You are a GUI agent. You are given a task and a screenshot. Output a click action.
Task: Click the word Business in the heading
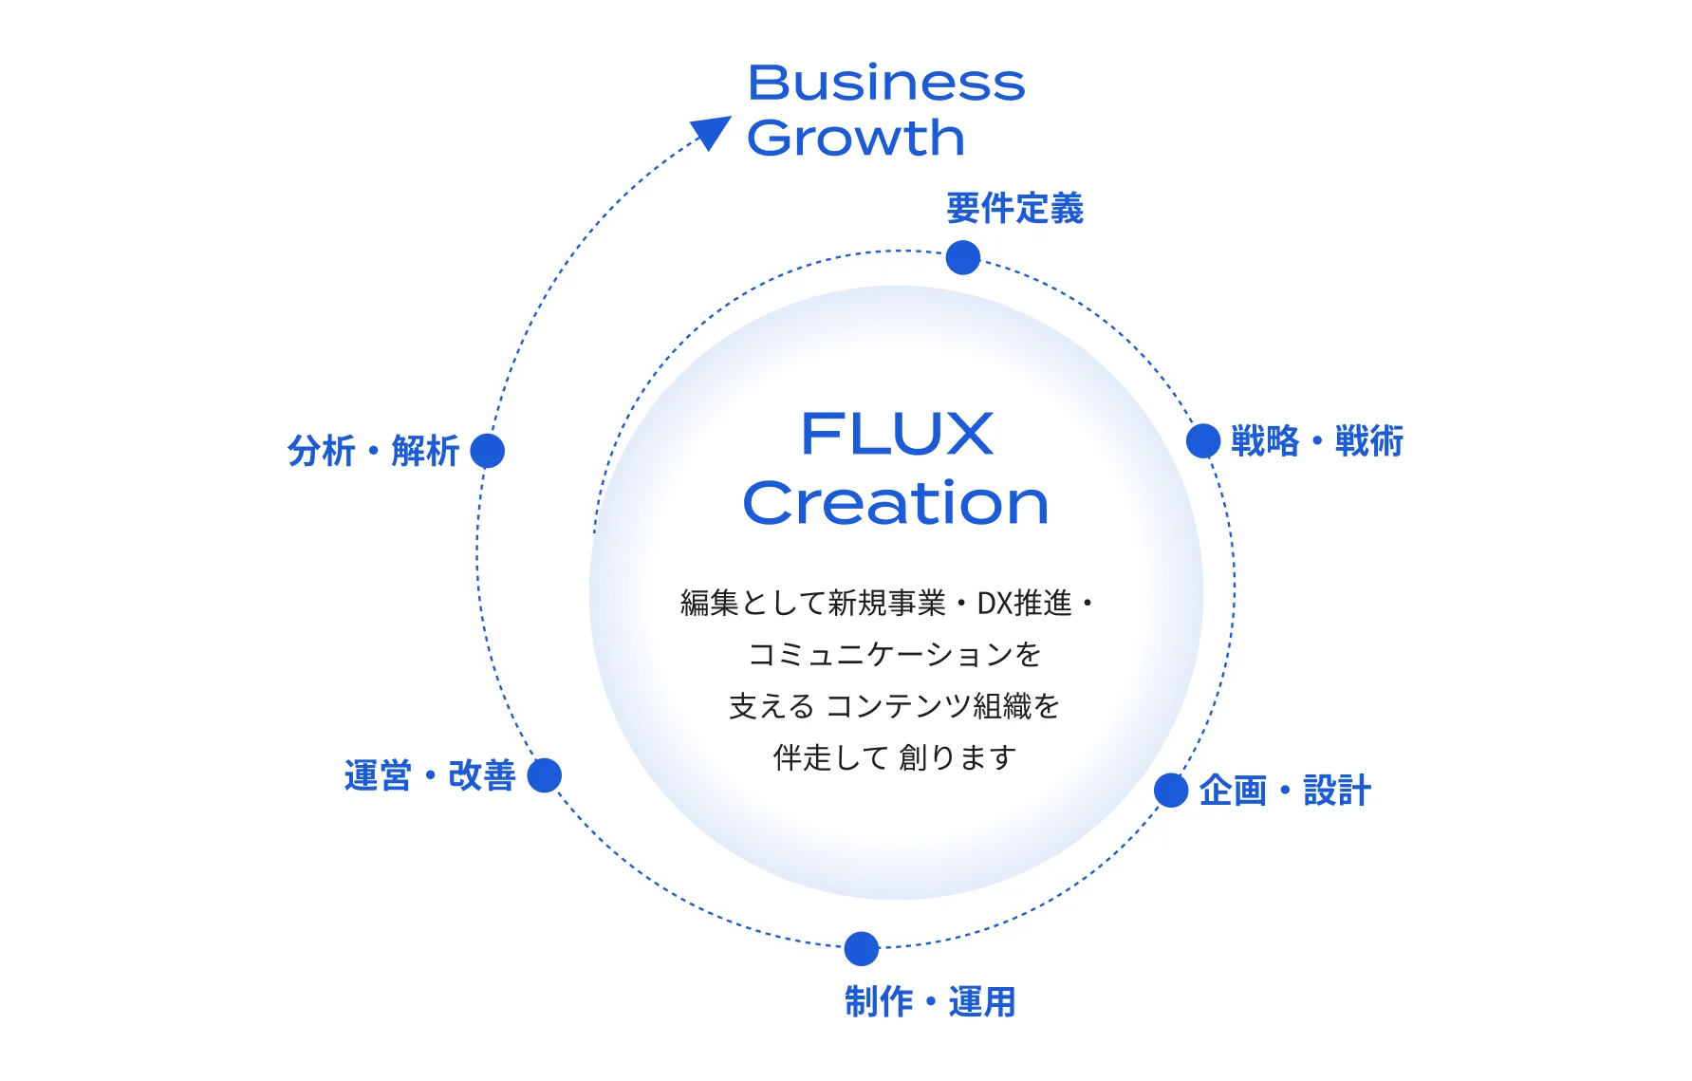(x=885, y=84)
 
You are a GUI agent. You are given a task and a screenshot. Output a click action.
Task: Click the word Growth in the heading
(x=855, y=139)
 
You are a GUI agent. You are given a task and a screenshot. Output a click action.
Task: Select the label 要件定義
(x=1014, y=209)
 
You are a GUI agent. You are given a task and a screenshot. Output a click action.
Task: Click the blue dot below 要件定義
(x=962, y=257)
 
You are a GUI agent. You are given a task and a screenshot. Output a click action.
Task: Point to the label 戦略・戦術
(x=1316, y=441)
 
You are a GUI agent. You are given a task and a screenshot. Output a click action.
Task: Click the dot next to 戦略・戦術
(x=1203, y=441)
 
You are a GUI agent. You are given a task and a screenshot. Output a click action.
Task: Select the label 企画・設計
(x=1285, y=791)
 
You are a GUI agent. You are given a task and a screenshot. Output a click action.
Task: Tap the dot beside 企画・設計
(x=1171, y=790)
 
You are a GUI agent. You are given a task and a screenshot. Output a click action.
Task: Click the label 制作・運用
(x=930, y=1002)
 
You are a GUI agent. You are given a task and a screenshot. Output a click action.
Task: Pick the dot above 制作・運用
(x=861, y=948)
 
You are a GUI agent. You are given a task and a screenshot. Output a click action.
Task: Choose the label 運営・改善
(x=430, y=776)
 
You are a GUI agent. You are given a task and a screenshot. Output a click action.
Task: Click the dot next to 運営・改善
(x=545, y=775)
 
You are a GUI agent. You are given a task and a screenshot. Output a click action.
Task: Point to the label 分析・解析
(x=373, y=451)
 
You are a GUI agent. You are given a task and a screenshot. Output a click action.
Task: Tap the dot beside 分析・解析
(x=488, y=451)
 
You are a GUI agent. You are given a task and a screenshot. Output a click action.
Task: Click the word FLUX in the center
(x=897, y=435)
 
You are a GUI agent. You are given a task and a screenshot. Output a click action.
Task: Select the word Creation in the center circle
(x=896, y=503)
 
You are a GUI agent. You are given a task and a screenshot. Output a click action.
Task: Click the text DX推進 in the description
(x=1024, y=604)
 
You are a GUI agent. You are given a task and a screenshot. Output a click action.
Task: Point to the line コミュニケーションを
(x=895, y=655)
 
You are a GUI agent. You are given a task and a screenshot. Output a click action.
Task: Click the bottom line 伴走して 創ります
(x=895, y=757)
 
